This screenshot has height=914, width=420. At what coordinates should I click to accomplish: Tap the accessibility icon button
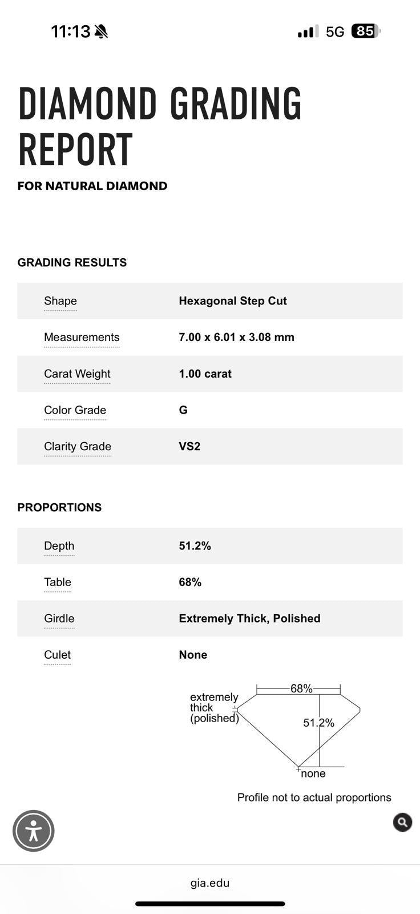[x=34, y=831]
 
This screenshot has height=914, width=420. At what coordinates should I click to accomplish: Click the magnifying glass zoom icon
[x=402, y=822]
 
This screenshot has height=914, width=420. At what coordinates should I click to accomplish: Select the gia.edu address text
[x=210, y=883]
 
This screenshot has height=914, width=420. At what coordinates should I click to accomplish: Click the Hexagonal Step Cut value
[x=233, y=301]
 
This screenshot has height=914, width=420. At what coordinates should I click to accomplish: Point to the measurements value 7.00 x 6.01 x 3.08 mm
[x=236, y=337]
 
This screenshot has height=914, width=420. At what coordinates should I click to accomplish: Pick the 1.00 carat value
[x=205, y=374]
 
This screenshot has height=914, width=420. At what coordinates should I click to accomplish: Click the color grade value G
[x=183, y=410]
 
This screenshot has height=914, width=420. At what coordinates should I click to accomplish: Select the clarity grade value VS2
[x=189, y=446]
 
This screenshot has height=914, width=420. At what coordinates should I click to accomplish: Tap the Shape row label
[x=60, y=301]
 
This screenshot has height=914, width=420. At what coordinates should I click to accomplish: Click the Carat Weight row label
[x=77, y=374]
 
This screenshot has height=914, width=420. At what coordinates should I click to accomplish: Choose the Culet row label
[x=58, y=655]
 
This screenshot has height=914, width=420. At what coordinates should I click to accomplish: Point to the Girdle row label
[x=59, y=618]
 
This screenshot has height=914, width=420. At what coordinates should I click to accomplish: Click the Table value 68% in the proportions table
[x=190, y=582]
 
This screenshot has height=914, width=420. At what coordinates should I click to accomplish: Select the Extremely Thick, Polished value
[x=249, y=618]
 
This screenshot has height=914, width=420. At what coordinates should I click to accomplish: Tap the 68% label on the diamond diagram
[x=301, y=688]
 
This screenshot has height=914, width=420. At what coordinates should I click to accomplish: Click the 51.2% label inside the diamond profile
[x=318, y=723]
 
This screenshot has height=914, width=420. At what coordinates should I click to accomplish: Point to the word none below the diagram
[x=313, y=773]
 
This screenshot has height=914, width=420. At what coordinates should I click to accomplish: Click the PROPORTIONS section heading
[x=59, y=507]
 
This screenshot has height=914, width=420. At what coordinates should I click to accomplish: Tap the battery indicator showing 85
[x=365, y=31]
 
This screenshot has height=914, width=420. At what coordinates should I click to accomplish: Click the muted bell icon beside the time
[x=102, y=31]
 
